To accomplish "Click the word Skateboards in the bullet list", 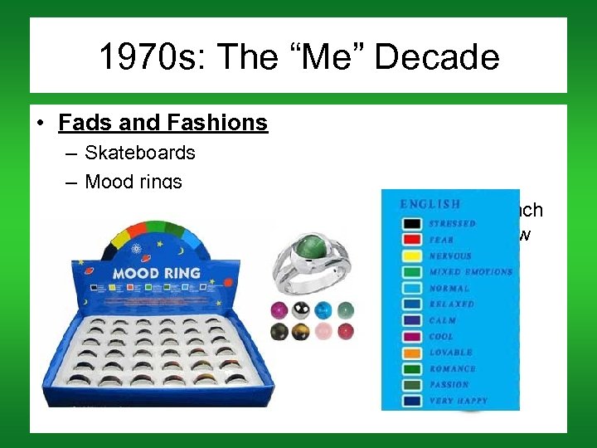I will [x=140, y=153].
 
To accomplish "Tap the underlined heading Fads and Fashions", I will [x=163, y=123].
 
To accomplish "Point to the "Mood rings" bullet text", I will [x=133, y=181].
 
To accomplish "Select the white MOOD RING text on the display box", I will [x=157, y=272].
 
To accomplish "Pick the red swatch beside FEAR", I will [x=411, y=240].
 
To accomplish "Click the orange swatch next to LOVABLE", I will [x=411, y=353].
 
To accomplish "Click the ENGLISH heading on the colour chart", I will [x=430, y=204].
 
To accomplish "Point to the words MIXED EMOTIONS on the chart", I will [x=470, y=272].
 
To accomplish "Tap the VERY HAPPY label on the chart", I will [x=459, y=401].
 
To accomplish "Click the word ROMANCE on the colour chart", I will [x=453, y=368].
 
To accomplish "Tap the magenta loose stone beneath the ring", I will [x=279, y=309].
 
